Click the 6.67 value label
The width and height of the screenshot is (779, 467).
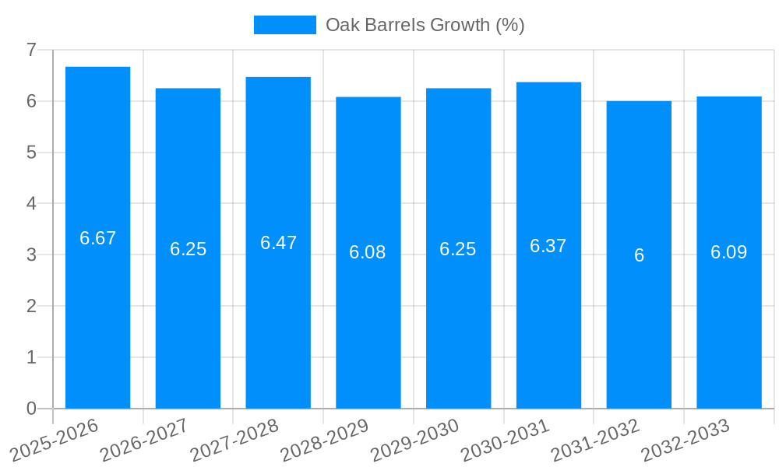(97, 238)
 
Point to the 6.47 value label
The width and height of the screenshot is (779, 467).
(278, 243)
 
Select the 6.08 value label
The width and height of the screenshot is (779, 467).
(368, 252)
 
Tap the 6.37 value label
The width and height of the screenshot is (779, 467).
(548, 246)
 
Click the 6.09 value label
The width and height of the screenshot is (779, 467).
(728, 252)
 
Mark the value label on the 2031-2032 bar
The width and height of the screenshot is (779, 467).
(639, 255)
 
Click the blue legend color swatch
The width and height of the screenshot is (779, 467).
(284, 25)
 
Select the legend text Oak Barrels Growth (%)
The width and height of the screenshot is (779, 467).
(425, 25)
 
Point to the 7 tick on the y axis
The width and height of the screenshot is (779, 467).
(31, 50)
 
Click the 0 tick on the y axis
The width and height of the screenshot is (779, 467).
(31, 409)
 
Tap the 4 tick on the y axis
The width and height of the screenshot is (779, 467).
(31, 203)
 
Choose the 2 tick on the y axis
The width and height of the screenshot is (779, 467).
(31, 306)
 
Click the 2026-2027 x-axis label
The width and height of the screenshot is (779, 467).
(144, 440)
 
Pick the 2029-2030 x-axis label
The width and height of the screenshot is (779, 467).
(414, 440)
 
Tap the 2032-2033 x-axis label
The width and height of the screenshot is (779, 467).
(685, 440)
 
